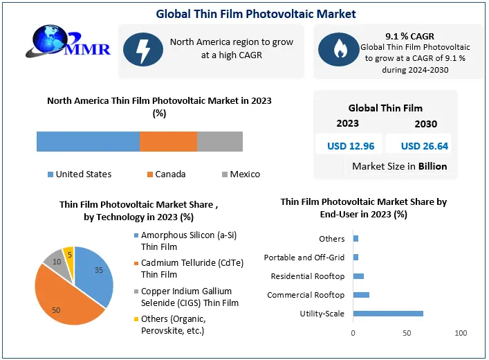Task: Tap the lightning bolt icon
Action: click(x=143, y=49)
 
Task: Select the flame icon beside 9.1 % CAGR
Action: click(x=338, y=48)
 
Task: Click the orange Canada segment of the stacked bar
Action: click(x=168, y=141)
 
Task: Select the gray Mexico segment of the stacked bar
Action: click(x=220, y=141)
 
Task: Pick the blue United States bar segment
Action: click(x=88, y=141)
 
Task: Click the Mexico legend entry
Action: click(x=240, y=174)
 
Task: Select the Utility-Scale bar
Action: click(x=388, y=314)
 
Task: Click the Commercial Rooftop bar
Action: click(x=361, y=295)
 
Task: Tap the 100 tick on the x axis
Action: click(x=461, y=333)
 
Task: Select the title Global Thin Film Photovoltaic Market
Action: click(x=246, y=13)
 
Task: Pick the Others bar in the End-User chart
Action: click(x=356, y=238)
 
